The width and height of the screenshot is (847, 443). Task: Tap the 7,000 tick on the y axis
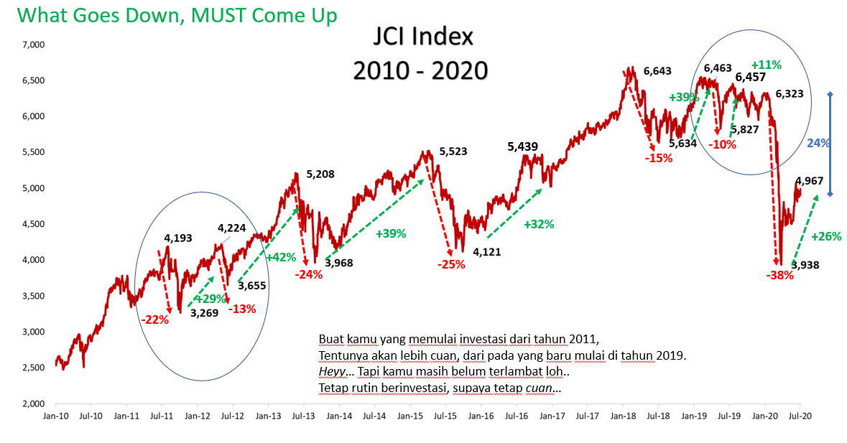[34, 45]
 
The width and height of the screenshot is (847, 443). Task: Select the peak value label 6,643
[657, 70]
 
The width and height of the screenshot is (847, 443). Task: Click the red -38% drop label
[779, 275]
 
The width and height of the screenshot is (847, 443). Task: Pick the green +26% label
[826, 236]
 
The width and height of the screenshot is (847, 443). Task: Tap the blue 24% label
[818, 143]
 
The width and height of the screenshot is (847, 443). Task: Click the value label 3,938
[806, 265]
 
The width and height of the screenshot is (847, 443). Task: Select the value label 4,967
[809, 181]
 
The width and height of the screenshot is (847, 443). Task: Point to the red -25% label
[452, 264]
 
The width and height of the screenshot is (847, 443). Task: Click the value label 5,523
[453, 151]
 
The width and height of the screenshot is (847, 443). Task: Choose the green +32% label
[539, 224]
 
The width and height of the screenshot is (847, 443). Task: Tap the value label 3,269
[204, 312]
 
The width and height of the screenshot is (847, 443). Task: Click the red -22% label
[154, 320]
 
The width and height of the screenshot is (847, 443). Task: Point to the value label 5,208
[320, 174]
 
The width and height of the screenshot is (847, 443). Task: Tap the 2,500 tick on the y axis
[34, 368]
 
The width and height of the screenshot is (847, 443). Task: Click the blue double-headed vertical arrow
[830, 144]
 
